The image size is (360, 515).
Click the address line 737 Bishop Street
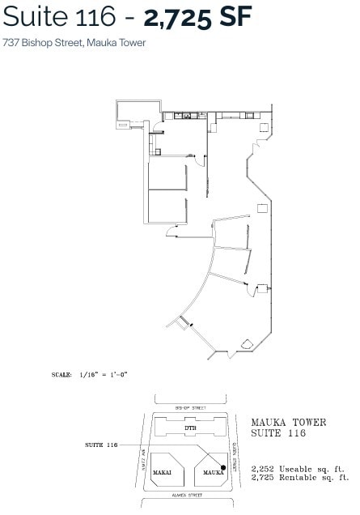coord(74,42)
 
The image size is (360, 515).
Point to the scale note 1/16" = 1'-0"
coord(103,375)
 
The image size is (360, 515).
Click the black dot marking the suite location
coord(224,468)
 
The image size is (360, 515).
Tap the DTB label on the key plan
coord(190,428)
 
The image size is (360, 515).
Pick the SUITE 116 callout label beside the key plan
coord(101,445)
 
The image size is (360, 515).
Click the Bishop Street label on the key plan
coord(190,407)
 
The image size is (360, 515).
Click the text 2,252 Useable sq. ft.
coord(298,469)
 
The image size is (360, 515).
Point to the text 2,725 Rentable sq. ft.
coord(298,478)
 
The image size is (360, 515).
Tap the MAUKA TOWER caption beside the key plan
coord(288,422)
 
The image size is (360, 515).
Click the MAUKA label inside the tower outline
coord(212,471)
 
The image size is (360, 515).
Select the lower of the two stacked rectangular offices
coord(167,208)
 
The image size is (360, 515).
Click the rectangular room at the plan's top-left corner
coord(131,112)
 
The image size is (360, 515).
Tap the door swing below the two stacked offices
coord(171,233)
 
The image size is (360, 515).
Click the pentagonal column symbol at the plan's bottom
coord(248,345)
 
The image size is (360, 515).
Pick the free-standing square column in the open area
coord(262,208)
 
